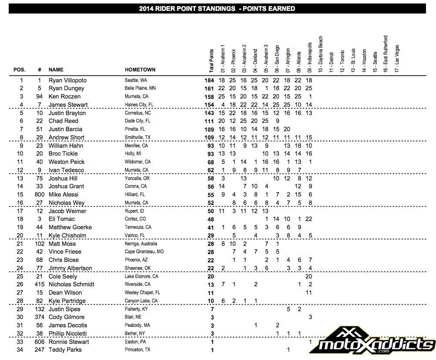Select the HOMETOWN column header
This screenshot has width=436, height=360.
coord(140,70)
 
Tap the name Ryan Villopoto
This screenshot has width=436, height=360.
coord(68,80)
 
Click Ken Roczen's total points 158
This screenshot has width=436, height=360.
coord(210,96)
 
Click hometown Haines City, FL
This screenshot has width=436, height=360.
coord(137,105)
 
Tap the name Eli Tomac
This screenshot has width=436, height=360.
coord(61,219)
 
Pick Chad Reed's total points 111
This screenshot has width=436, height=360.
coord(210,121)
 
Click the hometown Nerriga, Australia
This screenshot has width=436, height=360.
coord(141,244)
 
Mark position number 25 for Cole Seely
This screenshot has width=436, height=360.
coord(21,276)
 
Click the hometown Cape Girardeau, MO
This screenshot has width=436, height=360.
coord(144,251)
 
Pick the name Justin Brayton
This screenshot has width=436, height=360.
coord(67,113)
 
